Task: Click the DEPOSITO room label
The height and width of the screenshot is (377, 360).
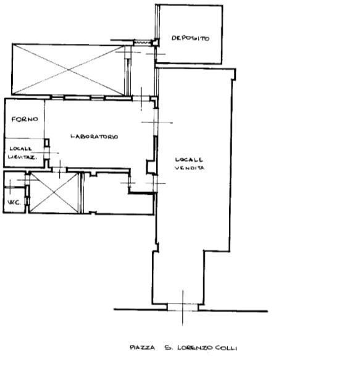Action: point(190,38)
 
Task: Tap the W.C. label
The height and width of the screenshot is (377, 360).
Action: point(13,204)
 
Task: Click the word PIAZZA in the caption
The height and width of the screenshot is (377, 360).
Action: point(142,348)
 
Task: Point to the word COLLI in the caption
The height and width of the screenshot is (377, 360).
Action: point(225,348)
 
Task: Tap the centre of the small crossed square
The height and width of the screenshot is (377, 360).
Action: point(54,192)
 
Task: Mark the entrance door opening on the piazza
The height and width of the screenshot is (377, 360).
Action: point(183,307)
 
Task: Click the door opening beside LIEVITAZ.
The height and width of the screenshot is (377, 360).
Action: point(46,152)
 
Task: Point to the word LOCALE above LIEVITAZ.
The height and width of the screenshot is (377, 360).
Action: point(20,148)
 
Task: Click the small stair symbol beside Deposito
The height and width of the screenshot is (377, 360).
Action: point(143,43)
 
